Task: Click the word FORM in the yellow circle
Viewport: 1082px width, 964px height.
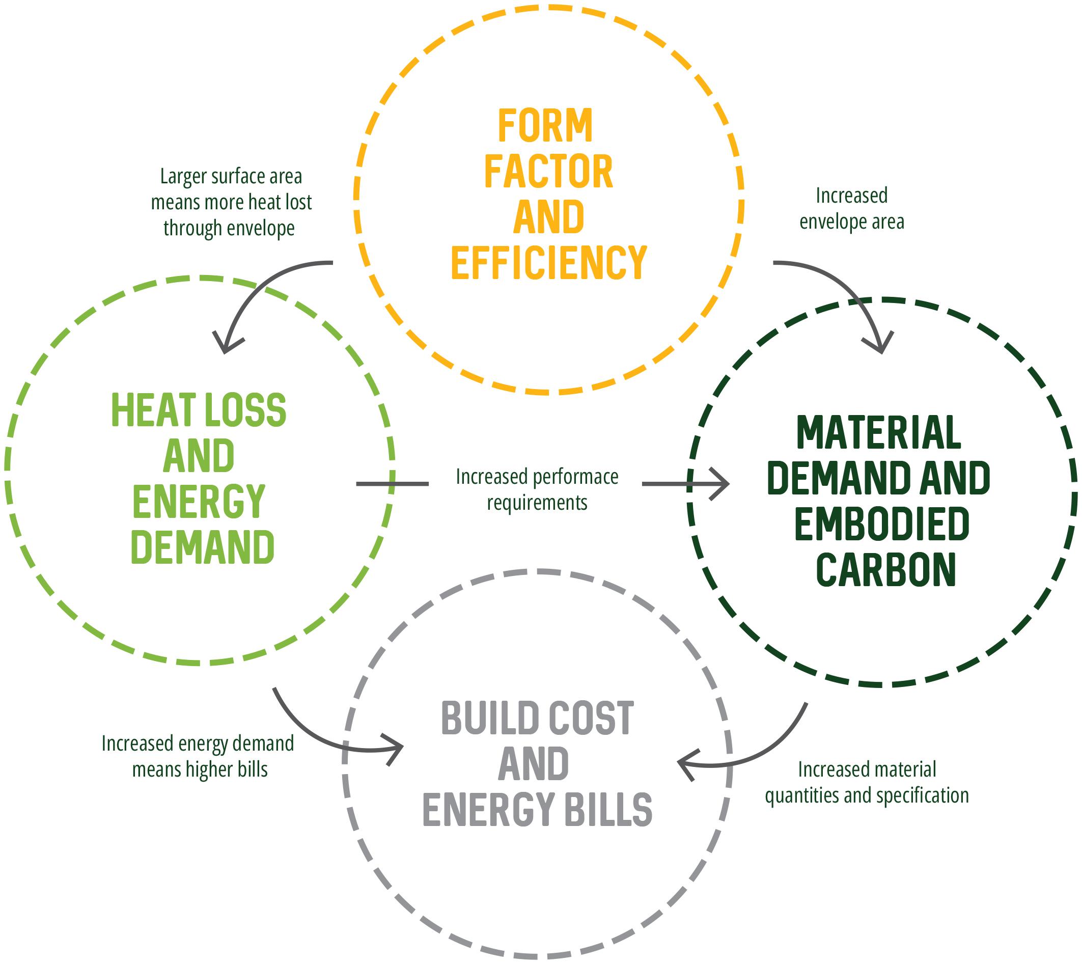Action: pyautogui.click(x=545, y=126)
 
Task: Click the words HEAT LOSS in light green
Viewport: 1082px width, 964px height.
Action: pyautogui.click(x=199, y=410)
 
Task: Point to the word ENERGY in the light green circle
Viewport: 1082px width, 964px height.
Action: pyautogui.click(x=199, y=501)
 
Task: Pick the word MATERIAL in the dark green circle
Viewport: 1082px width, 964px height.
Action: pyautogui.click(x=879, y=433)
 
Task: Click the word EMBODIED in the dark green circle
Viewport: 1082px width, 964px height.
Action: pyautogui.click(x=882, y=524)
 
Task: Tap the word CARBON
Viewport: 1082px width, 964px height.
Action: pyautogui.click(x=886, y=569)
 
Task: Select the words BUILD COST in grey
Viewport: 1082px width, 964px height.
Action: pyautogui.click(x=537, y=718)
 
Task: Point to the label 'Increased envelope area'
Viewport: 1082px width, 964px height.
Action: pyautogui.click(x=852, y=209)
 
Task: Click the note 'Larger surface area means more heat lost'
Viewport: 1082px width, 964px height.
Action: pyautogui.click(x=231, y=202)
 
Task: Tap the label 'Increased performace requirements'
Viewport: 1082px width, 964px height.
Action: pyautogui.click(x=537, y=489)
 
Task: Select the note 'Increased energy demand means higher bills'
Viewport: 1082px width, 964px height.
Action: pyautogui.click(x=198, y=756)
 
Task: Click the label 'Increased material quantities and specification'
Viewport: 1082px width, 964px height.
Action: pyautogui.click(x=867, y=782)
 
